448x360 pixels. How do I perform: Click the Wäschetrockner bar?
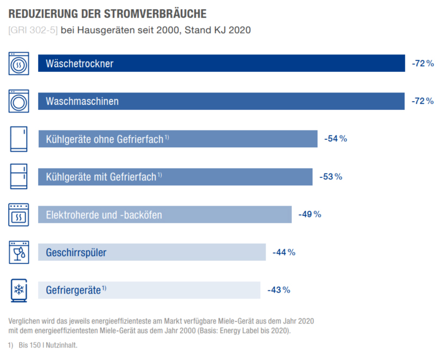tap(221, 64)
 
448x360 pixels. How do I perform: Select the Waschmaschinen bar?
tap(221, 101)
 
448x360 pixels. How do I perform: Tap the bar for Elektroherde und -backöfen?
tap(164, 215)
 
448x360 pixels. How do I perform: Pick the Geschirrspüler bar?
tap(151, 252)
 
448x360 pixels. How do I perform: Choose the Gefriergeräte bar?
tap(149, 290)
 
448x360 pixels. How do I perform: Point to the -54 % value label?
tap(335, 139)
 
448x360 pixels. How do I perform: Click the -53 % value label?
tap(330, 177)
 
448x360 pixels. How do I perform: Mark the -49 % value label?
tap(310, 214)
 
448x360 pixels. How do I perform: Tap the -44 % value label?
tap(284, 252)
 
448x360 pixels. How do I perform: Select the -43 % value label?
tap(279, 290)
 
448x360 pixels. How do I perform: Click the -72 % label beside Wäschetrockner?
tap(422, 64)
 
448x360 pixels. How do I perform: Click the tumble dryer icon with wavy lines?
tap(19, 64)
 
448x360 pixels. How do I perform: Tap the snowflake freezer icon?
tap(19, 290)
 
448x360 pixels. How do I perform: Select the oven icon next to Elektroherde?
tap(19, 215)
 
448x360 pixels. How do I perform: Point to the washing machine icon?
tap(19, 101)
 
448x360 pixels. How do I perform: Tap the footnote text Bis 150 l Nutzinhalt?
tap(48, 345)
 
